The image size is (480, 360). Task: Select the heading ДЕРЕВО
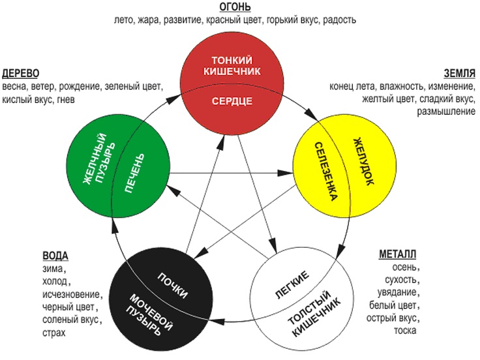coord(22,72)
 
